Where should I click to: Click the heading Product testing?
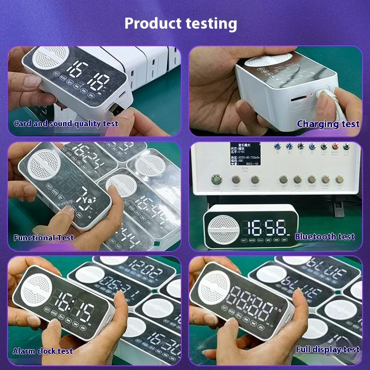click(181, 23)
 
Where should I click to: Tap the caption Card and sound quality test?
click(66, 123)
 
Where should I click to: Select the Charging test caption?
click(328, 123)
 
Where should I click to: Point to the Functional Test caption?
click(43, 238)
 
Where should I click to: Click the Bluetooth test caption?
click(325, 237)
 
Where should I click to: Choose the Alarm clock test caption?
click(43, 351)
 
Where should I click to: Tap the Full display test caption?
click(327, 350)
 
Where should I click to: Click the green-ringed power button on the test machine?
click(216, 179)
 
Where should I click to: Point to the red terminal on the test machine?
click(335, 147)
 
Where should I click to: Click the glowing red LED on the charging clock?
click(312, 95)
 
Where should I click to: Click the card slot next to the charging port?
click(296, 99)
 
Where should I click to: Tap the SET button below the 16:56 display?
click(244, 240)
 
